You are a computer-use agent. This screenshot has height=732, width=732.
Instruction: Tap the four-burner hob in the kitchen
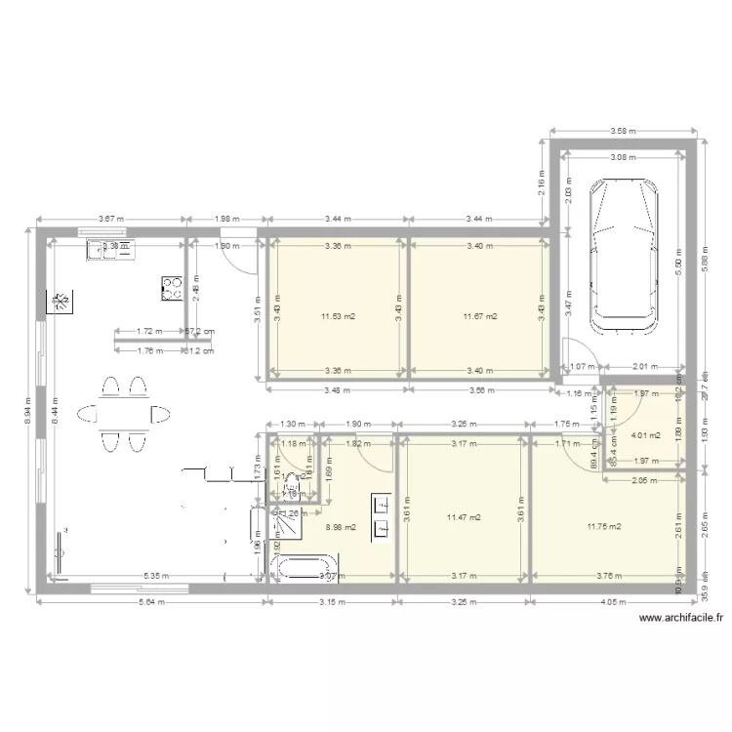coord(173,287)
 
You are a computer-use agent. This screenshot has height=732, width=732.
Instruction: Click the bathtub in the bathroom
coord(304,568)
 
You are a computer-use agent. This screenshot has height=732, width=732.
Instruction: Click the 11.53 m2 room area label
coord(338,316)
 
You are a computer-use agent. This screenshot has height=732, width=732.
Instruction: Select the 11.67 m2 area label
coord(480,316)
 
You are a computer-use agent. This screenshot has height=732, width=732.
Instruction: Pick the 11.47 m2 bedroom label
coord(463,517)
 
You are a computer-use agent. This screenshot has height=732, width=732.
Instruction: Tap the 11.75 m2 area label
coord(604,527)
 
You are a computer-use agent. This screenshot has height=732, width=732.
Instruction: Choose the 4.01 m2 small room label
coord(646,435)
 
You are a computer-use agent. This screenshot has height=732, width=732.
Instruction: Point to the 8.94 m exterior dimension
coord(29,408)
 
